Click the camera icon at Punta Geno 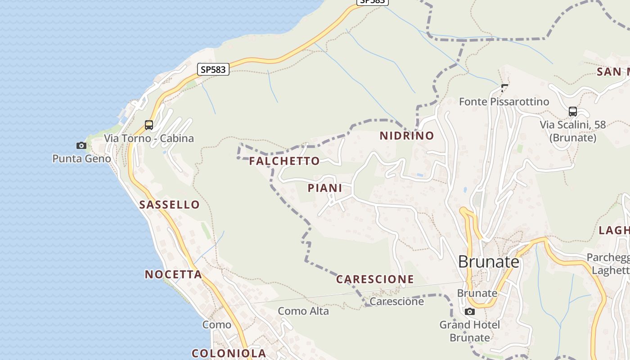click(x=81, y=145)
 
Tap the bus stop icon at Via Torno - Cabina click(x=149, y=125)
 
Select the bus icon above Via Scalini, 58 click(x=572, y=111)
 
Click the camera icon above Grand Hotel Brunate click(x=469, y=311)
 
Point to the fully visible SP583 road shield click(x=213, y=69)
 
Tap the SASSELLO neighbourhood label click(x=169, y=205)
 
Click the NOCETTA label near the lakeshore click(x=173, y=274)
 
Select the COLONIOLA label click(x=229, y=353)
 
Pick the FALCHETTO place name click(x=284, y=161)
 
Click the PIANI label click(x=325, y=188)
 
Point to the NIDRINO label click(x=407, y=136)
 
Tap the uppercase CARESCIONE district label click(x=375, y=279)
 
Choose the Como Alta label click(x=303, y=311)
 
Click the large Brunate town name click(x=489, y=261)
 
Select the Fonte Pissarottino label click(x=504, y=102)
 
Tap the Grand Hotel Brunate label click(x=470, y=331)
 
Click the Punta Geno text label click(x=81, y=159)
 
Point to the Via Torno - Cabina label click(x=149, y=139)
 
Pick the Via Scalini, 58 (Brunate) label click(x=573, y=131)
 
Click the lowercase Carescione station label click(x=397, y=301)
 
